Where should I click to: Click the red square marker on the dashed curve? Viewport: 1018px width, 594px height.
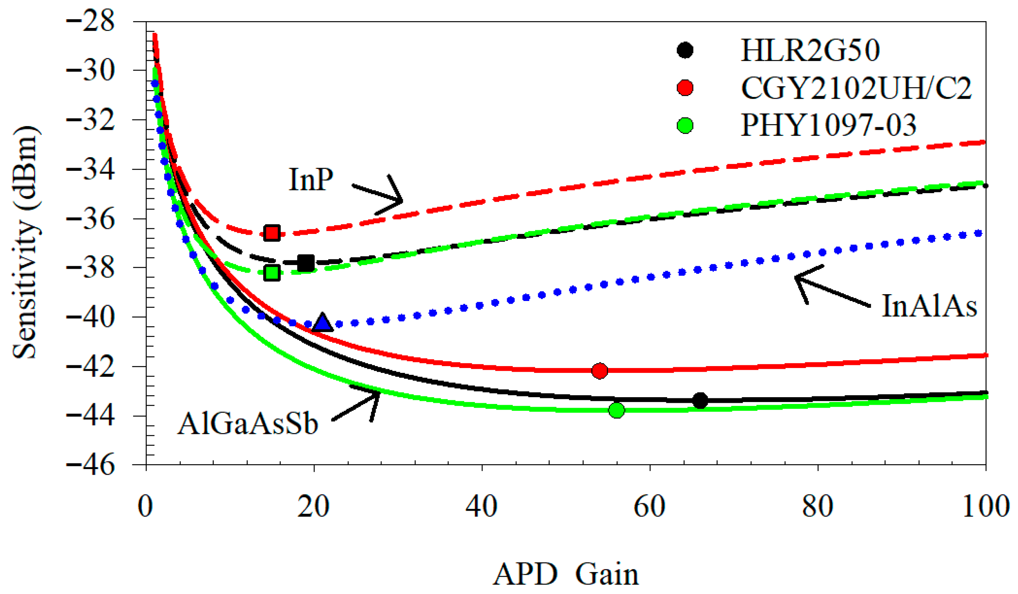272,233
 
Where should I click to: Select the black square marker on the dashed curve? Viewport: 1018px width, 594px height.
306,263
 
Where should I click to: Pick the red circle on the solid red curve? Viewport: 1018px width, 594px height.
599,370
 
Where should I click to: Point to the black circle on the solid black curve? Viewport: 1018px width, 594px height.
700,400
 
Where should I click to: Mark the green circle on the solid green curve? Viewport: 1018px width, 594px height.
616,410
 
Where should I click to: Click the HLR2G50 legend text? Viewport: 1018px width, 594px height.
810,51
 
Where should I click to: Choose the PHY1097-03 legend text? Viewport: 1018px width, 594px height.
828,125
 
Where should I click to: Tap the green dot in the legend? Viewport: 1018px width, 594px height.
685,125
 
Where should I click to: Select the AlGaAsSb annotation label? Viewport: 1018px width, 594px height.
248,424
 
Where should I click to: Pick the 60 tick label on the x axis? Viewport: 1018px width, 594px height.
649,506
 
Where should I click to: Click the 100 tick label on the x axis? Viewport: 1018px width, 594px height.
986,506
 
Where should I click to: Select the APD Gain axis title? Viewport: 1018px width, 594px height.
565,574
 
